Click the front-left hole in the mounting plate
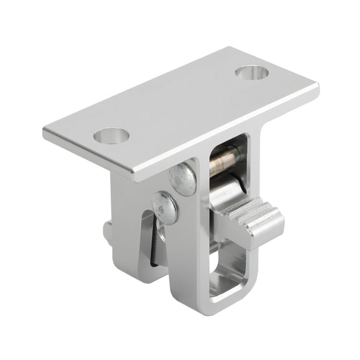(x=111, y=135)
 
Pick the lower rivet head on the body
(x=165, y=207)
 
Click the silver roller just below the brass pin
(x=227, y=187)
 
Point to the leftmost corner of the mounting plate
(x=45, y=132)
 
